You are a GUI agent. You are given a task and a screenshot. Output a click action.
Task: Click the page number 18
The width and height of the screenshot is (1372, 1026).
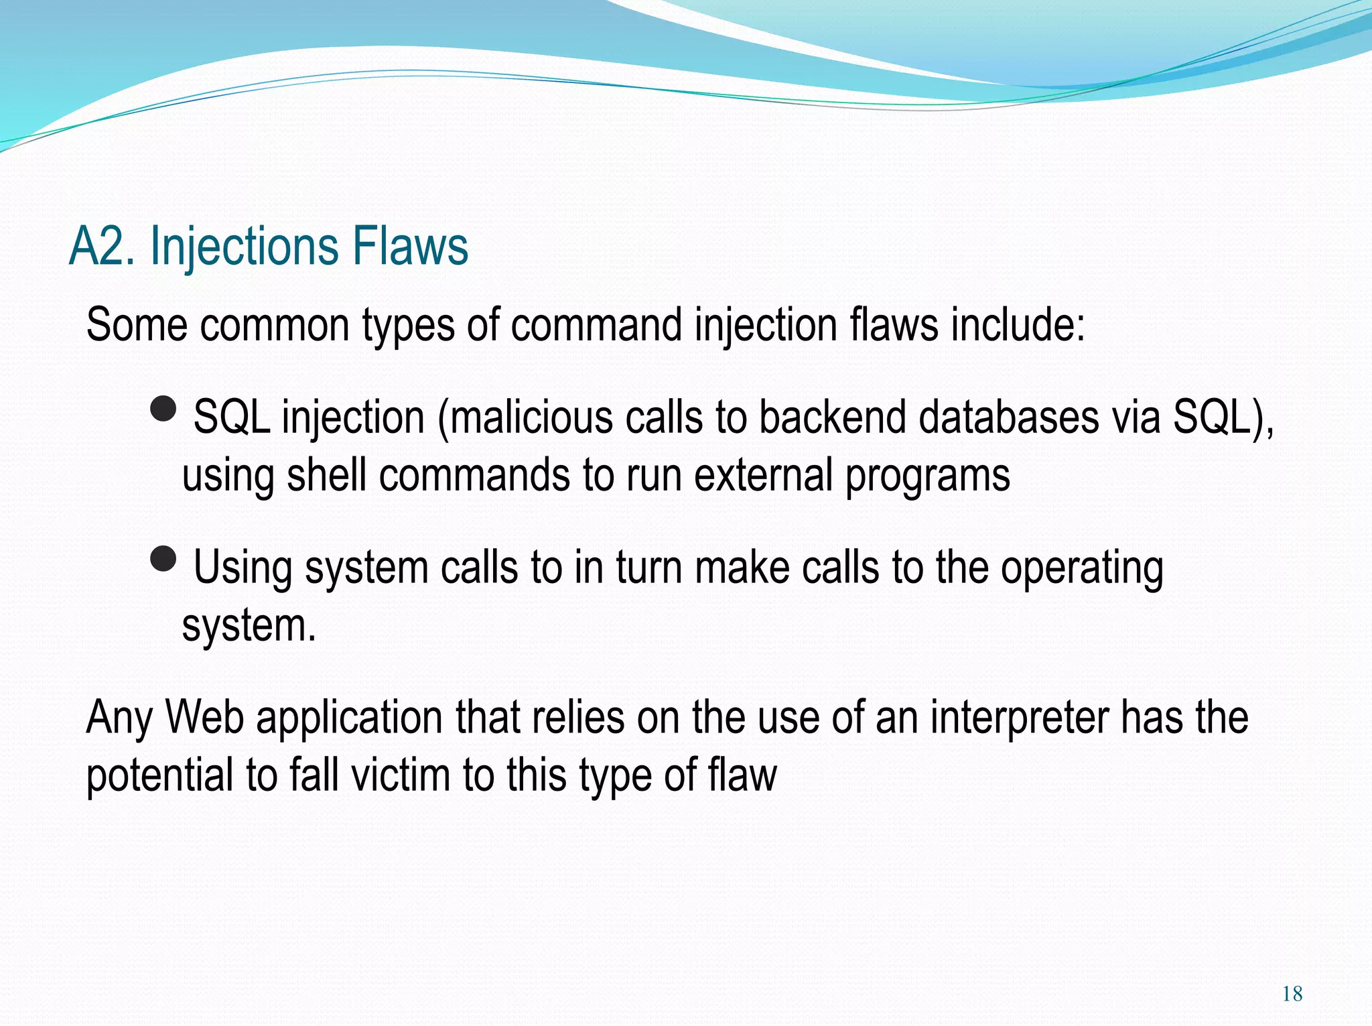[x=1292, y=993]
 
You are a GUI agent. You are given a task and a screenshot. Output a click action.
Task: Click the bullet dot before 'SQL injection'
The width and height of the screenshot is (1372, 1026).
[x=163, y=407]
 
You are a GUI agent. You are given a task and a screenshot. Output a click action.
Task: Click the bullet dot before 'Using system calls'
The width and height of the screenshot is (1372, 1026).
[x=163, y=558]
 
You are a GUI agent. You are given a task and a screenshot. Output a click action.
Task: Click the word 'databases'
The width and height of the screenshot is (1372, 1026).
[x=1008, y=417]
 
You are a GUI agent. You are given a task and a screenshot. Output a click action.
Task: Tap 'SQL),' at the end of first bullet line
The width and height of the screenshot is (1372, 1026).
[x=1223, y=417]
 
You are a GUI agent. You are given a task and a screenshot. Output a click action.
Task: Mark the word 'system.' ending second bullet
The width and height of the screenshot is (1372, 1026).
[x=249, y=627]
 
